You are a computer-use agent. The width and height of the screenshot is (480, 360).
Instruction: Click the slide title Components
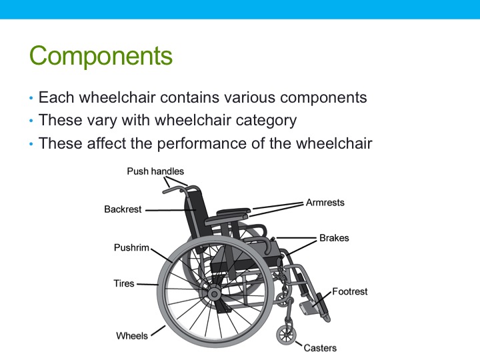(x=101, y=56)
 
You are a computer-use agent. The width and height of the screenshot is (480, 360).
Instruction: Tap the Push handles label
(x=155, y=171)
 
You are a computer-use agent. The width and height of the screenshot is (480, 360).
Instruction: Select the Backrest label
(x=123, y=209)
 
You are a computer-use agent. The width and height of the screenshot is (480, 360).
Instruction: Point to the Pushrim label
(x=132, y=247)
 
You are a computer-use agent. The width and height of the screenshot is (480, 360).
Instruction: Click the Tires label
(x=124, y=283)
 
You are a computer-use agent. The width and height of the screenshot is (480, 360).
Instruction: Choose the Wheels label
(x=132, y=335)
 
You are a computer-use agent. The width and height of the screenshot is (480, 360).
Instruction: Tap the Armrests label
(x=325, y=202)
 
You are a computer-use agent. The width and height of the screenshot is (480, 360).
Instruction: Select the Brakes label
(x=334, y=238)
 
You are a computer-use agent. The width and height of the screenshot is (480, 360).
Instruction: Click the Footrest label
(x=350, y=291)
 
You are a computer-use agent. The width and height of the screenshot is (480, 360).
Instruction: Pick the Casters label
(x=320, y=347)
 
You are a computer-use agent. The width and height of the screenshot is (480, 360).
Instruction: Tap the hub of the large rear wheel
(x=213, y=293)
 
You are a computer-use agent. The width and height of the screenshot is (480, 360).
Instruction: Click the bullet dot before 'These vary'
(x=31, y=121)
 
